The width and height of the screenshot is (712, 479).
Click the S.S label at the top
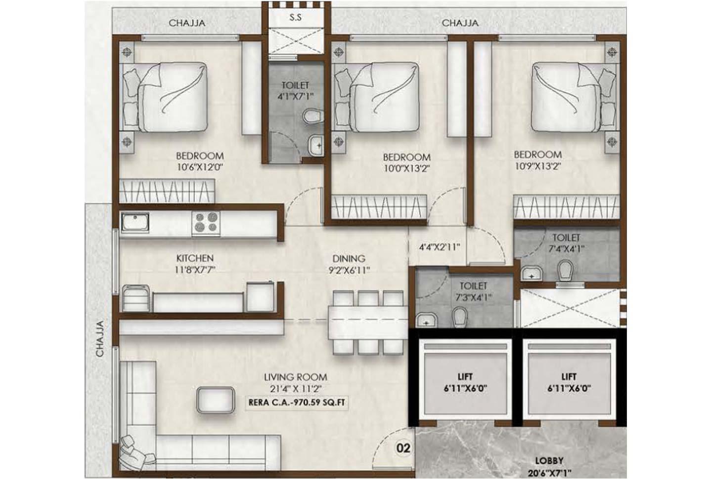295,18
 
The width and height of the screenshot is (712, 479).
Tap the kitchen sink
135,223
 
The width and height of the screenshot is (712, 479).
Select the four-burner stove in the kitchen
206,222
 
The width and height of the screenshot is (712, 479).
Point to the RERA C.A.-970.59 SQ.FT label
297,402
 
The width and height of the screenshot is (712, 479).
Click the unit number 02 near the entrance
403,448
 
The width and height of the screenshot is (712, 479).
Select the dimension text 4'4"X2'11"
439,246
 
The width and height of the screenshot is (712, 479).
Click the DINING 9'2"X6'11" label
349,264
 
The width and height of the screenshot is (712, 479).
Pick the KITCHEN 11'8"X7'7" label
195,264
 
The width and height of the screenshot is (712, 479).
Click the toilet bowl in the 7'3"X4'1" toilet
460,317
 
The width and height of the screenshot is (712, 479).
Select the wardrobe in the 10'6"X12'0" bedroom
167,191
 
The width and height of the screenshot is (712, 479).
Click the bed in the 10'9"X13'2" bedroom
569,97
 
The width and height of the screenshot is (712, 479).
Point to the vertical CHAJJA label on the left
100,339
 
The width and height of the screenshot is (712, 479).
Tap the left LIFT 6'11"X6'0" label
465,383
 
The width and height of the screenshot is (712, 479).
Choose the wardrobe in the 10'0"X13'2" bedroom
379,207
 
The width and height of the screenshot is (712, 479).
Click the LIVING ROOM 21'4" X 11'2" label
295,383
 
